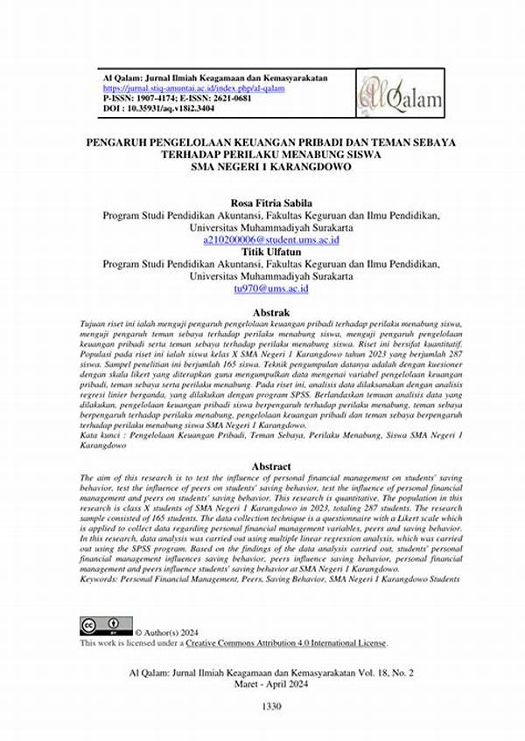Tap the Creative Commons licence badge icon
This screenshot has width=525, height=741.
point(106,626)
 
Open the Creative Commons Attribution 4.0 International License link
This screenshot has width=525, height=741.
point(285,643)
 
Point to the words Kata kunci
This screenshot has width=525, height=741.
point(100,434)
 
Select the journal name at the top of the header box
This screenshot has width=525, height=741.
point(215,78)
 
